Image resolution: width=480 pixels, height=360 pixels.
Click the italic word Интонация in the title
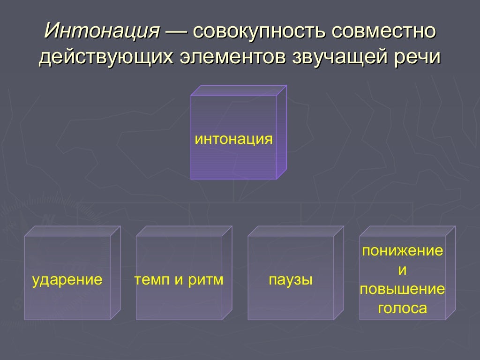coord(102,31)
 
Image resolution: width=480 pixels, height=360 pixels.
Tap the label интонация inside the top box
coord(233,139)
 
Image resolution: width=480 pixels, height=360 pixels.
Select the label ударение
coord(67,280)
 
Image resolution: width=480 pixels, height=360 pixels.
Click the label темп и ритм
coord(179,280)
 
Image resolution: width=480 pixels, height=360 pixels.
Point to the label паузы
coord(291,280)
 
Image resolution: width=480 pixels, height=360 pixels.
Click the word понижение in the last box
coord(402,251)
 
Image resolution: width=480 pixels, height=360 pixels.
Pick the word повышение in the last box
coord(402,289)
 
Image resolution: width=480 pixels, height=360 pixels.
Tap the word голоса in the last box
coord(402,308)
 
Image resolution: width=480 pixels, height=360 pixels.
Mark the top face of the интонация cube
coord(238,90)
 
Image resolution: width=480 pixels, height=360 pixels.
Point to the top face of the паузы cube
coord(295,231)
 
